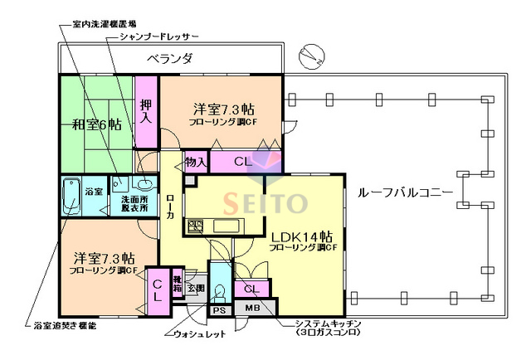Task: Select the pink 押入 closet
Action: point(146,111)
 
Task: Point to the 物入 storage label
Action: point(195,162)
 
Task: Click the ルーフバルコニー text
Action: point(405,192)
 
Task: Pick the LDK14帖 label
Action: point(300,236)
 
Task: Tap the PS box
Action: point(219,309)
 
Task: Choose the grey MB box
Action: point(253,309)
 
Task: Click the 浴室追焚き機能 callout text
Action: point(64,326)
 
